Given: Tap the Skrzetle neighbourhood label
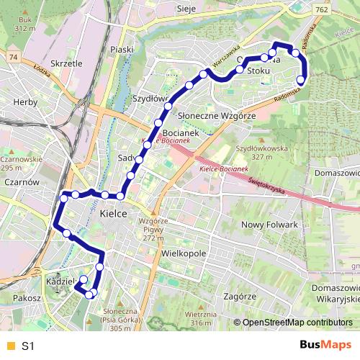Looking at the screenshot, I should (68, 63).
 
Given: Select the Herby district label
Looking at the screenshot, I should (25, 102).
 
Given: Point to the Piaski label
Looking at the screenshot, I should (123, 49).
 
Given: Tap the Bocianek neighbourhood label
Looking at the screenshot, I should (180, 134).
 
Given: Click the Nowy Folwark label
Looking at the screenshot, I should (269, 225).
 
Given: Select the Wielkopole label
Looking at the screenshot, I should (184, 253).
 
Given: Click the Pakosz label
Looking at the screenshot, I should (26, 297).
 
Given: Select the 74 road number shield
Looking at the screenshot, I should (12, 55).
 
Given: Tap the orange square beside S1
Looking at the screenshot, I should (10, 346).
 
